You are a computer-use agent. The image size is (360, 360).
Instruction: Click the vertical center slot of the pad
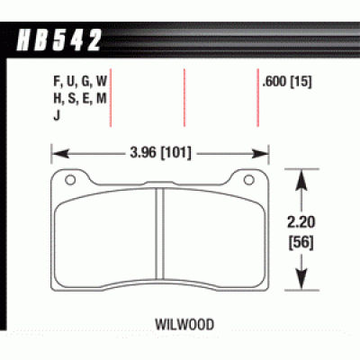pyautogui.click(x=158, y=238)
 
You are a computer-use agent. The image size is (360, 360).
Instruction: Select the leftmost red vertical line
pyautogui.click(x=112, y=97)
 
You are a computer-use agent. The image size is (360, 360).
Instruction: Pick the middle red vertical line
pyautogui.click(x=184, y=97)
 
